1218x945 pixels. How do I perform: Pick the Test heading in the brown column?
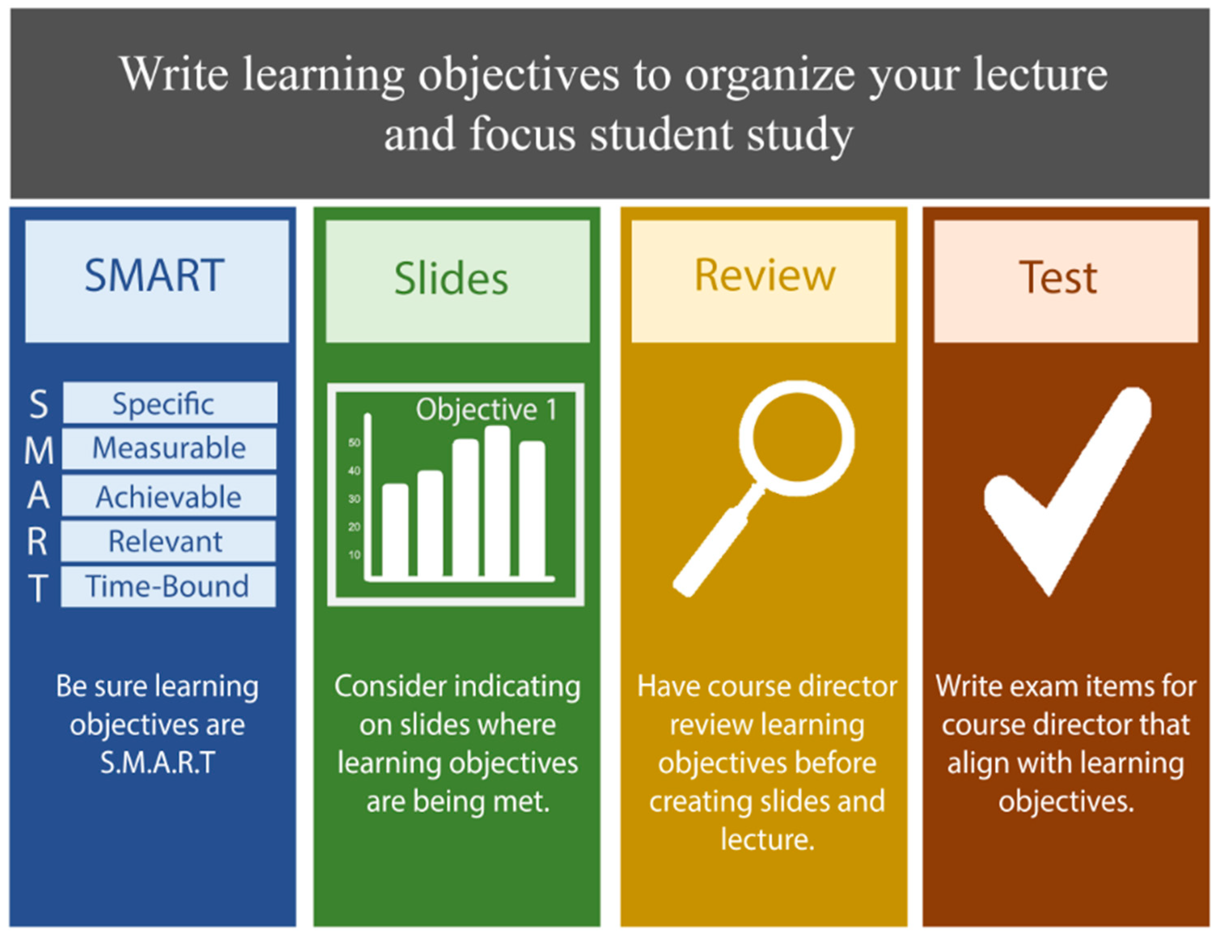point(1058,278)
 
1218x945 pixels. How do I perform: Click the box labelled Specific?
point(169,403)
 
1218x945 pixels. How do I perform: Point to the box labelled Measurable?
point(169,448)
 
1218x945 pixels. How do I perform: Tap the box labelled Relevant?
point(167,541)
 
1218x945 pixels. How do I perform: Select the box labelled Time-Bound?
point(167,587)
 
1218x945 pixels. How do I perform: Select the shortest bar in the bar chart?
point(395,530)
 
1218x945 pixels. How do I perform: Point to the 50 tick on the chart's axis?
point(354,443)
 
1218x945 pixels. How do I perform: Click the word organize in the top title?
point(770,75)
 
